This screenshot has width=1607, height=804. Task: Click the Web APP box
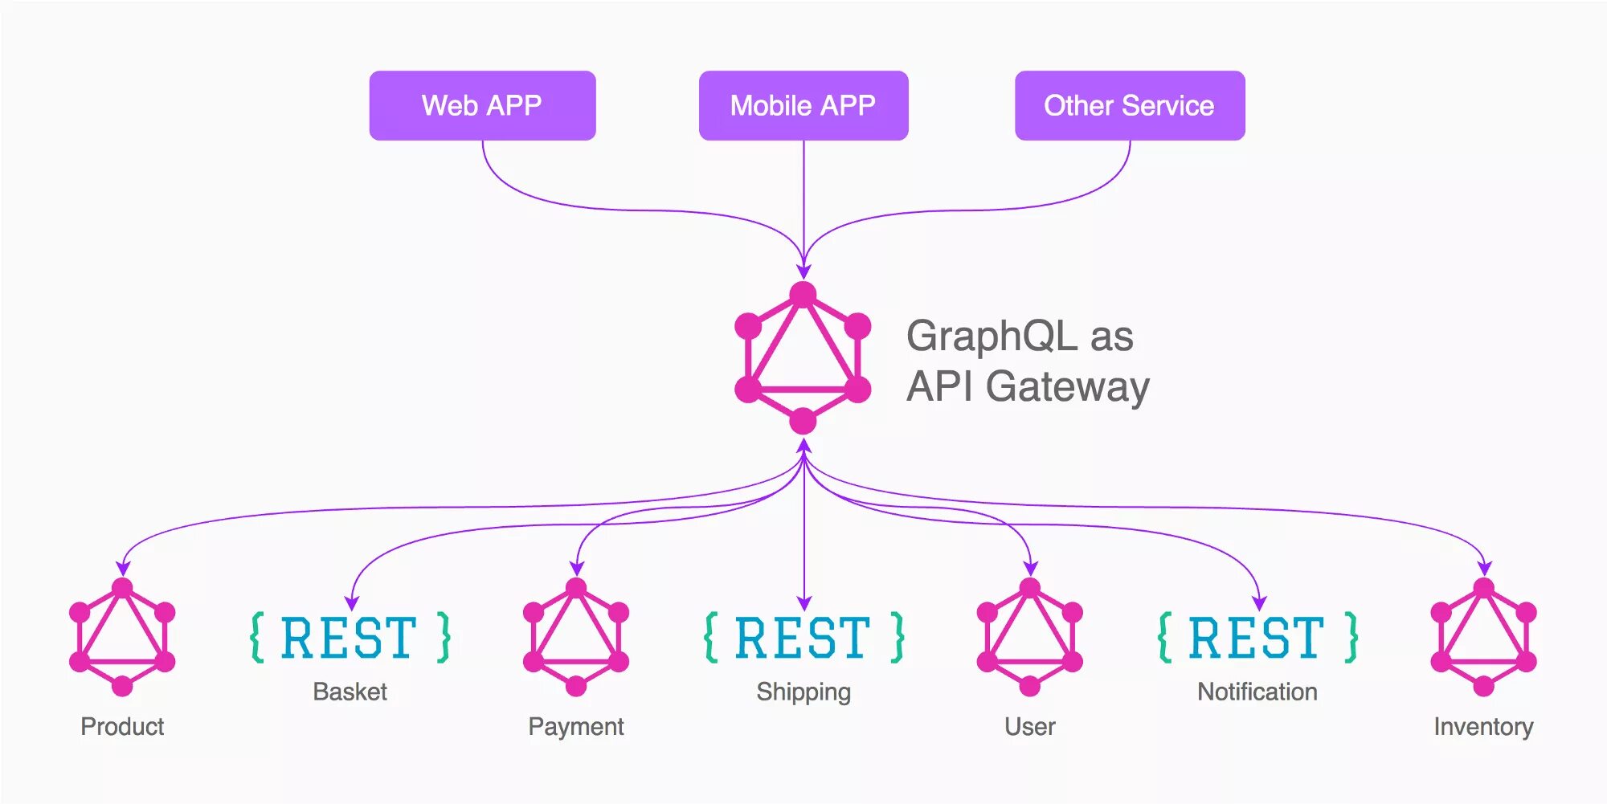coord(482,105)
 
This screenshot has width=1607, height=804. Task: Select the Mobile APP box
coord(803,105)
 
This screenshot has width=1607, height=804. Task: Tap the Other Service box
coord(1130,105)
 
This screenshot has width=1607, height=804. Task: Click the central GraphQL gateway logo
coord(803,358)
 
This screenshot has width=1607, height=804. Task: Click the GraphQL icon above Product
coord(122,637)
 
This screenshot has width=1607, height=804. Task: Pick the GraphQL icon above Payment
coord(576,637)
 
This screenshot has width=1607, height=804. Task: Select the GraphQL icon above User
coord(1030,637)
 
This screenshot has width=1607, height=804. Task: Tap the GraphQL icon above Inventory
coord(1484,637)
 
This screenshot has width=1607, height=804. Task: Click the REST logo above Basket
coord(350,638)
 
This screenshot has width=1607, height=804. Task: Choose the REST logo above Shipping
coord(803,638)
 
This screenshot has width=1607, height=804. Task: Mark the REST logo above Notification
coord(1257,638)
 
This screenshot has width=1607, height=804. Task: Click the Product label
coord(122,726)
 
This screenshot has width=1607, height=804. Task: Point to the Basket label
coord(350,692)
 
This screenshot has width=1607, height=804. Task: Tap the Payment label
coord(576,726)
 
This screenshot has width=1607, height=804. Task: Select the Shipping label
coord(803,692)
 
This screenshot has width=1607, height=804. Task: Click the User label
coord(1030,726)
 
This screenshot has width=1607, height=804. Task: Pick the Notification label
coord(1257,692)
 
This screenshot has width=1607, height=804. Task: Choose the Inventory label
coord(1484,726)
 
